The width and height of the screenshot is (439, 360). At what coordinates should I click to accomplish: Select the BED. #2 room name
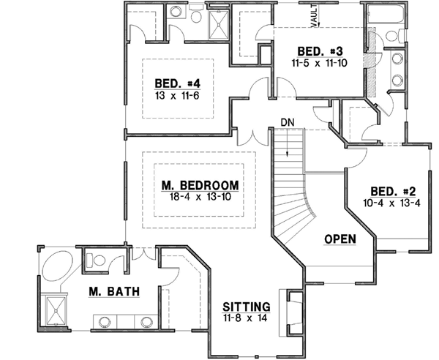386,189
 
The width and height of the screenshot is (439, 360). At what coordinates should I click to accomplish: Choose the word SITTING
247,307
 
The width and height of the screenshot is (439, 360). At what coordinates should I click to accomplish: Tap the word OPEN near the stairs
339,239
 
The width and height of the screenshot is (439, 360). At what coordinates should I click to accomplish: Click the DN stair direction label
287,122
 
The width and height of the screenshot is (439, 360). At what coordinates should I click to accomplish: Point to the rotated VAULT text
313,16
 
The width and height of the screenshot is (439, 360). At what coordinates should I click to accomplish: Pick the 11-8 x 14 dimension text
247,319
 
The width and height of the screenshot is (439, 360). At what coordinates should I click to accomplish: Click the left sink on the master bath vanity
105,320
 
